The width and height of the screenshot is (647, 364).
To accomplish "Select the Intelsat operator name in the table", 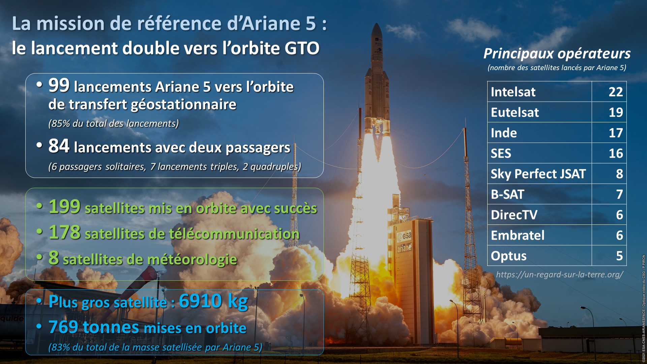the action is coord(513,92).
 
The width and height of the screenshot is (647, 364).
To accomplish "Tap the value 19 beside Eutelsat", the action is coord(616,112).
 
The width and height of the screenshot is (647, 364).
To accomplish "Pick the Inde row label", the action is coord(504,133).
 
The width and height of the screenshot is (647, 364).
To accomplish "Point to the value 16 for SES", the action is coord(616,153).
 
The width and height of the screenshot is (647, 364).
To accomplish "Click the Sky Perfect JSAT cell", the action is coord(538,174).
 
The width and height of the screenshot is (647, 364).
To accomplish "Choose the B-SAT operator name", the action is coord(507,194).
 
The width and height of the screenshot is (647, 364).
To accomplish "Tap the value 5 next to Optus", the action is coord(619,256).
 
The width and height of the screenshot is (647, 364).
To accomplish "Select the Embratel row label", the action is coord(518,235).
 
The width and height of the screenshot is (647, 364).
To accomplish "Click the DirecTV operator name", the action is coord(514,215).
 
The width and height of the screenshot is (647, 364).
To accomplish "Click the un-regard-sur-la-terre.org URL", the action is coord(560,275).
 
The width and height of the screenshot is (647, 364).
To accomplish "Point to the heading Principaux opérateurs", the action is coord(557,54).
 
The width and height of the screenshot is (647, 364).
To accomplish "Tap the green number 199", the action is coord(65,206).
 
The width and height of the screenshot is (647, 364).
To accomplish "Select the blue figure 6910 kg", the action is coord(213,301).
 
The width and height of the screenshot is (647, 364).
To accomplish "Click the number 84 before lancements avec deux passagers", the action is coord(59,146).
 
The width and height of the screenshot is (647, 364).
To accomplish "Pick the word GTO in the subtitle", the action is coord(302,48).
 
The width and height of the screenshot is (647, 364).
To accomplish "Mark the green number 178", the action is coord(65,232).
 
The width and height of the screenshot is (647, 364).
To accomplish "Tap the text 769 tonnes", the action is coord(94,327).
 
